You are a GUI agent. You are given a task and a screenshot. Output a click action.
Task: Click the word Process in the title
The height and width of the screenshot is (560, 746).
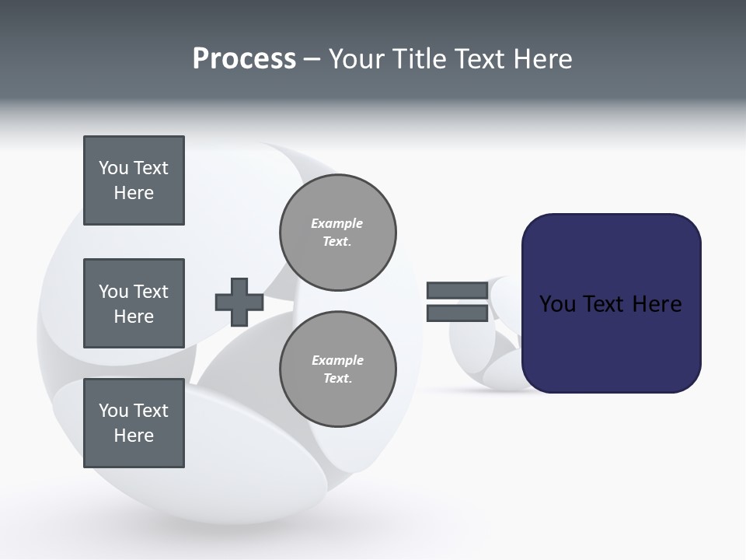coord(244,59)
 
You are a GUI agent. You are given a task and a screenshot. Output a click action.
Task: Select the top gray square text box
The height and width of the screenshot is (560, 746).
coord(134,180)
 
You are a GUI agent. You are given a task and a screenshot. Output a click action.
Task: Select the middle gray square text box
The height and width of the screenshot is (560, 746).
coord(134,303)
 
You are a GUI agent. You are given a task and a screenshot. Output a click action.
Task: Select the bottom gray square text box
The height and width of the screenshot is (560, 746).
coord(134,423)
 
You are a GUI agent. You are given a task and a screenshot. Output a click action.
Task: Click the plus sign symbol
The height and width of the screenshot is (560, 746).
coord(239,302)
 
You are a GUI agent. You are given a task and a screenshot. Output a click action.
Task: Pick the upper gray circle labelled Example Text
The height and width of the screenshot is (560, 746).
coord(338,232)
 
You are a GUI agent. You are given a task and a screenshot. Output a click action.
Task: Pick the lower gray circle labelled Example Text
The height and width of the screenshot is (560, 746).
coord(338,369)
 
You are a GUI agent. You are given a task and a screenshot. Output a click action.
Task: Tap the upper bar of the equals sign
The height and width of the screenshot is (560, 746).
coord(457,291)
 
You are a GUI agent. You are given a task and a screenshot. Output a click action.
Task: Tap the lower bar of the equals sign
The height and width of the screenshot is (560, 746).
coord(457,313)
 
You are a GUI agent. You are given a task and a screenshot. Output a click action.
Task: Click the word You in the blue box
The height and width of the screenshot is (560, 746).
coord(558,304)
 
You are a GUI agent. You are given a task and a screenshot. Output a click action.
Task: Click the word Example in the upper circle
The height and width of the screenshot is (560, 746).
coord(337,223)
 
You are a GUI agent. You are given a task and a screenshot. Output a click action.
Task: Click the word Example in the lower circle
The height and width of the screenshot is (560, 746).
coord(337,360)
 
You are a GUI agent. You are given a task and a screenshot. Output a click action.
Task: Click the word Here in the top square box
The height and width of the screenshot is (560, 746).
coord(134,193)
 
